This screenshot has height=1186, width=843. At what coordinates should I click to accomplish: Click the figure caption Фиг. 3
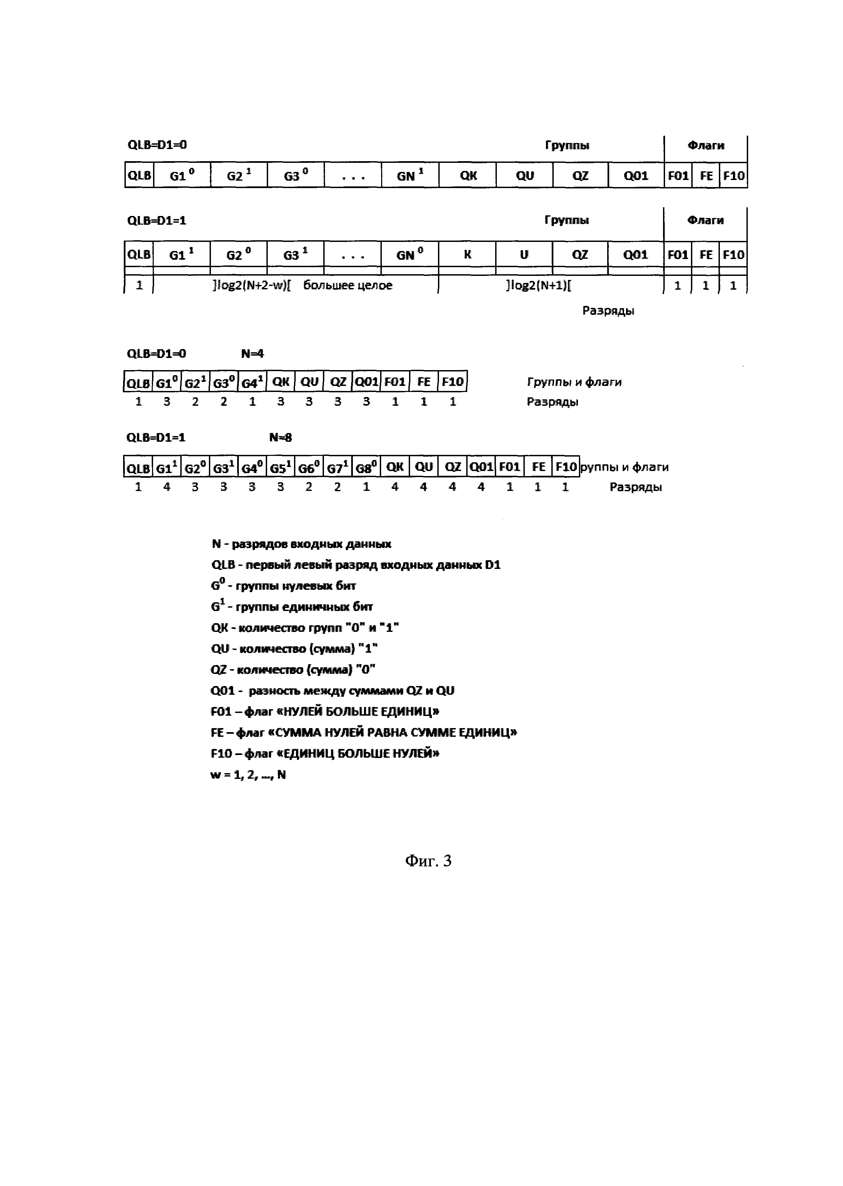428,861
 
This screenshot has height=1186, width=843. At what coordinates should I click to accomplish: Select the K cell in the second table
467,255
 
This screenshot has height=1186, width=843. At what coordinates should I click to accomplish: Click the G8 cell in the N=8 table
366,468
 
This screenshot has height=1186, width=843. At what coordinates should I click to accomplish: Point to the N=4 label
252,354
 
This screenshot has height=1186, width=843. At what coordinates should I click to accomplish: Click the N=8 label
280,437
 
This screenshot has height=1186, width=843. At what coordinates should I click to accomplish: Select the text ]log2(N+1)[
538,285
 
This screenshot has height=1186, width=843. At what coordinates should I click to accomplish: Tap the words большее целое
348,285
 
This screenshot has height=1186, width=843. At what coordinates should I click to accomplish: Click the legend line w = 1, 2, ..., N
248,775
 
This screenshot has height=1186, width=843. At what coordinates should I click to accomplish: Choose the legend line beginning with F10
325,753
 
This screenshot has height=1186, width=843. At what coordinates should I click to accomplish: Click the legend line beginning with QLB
356,565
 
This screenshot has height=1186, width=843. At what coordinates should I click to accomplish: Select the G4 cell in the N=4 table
252,383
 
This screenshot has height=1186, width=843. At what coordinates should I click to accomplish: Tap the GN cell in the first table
410,175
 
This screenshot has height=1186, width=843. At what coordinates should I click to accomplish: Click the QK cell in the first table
468,175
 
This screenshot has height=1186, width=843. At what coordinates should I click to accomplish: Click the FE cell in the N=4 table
424,382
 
